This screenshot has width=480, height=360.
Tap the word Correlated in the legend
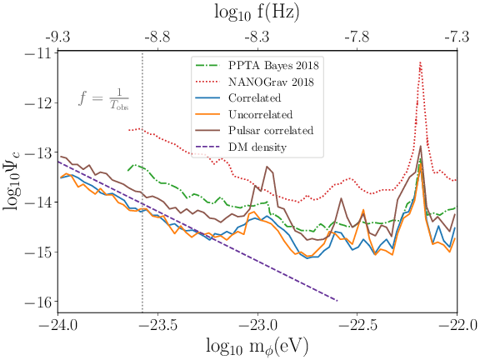[x=259, y=98]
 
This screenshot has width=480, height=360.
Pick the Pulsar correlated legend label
[x=270, y=131]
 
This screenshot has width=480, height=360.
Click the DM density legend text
[x=257, y=147]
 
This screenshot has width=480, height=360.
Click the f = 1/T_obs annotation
[x=103, y=99]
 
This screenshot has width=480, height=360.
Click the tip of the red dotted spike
[x=420, y=62]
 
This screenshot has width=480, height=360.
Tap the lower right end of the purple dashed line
[x=337, y=300]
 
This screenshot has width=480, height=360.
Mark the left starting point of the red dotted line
[x=128, y=130]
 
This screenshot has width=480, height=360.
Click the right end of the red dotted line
[x=456, y=180]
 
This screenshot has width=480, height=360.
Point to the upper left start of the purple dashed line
[x=58, y=162]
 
